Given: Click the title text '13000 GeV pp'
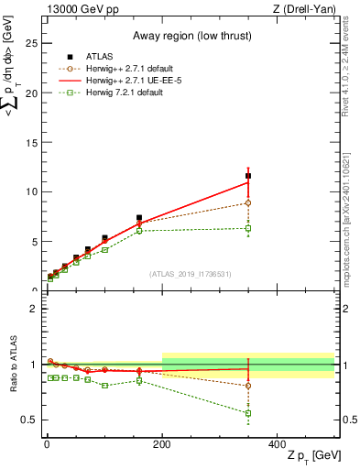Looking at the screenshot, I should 78,8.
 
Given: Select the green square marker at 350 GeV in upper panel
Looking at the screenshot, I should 248,228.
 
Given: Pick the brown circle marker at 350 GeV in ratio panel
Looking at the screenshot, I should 248,386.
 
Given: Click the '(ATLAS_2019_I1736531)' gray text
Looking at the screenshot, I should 190,274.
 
